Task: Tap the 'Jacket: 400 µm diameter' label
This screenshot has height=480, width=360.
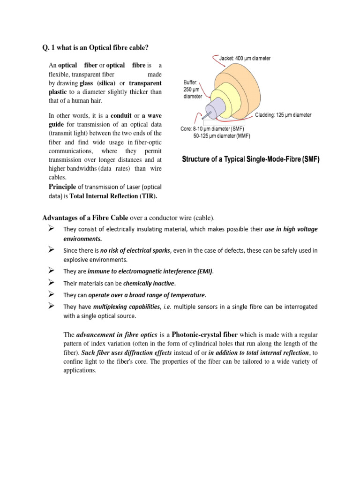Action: point(245,59)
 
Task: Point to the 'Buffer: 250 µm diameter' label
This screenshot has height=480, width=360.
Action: point(193,89)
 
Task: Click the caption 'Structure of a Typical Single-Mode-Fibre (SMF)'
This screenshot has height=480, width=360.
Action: point(251,159)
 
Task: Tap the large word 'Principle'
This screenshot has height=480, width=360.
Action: point(62,187)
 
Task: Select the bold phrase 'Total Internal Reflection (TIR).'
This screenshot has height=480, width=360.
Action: point(113,196)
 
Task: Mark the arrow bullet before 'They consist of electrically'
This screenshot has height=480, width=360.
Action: point(52,228)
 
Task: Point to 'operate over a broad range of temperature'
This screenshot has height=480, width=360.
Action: point(147,295)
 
